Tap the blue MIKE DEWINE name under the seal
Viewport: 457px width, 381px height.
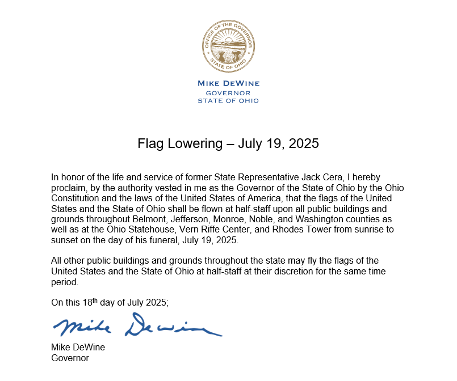coord(228,83)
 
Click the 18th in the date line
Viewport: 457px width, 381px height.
coord(90,302)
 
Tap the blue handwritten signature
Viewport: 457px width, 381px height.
coord(136,326)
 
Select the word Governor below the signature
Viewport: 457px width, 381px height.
coord(70,358)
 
